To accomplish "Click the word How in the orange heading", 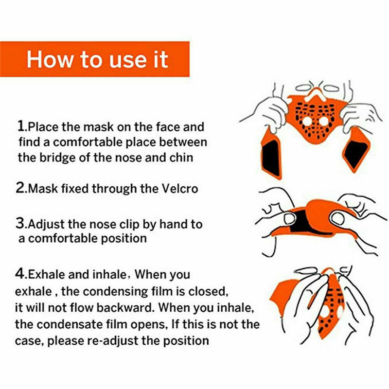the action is pyautogui.click(x=49, y=59).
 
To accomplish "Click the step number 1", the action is pyautogui.click(x=21, y=126).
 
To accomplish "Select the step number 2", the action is pyautogui.click(x=20, y=188).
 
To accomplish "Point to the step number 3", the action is pyautogui.click(x=20, y=223).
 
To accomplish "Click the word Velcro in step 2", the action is pyautogui.click(x=179, y=189).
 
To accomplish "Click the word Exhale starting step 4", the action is pyautogui.click(x=46, y=274).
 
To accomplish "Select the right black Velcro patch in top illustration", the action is pyautogui.click(x=356, y=154).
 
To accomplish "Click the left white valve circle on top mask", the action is pyautogui.click(x=307, y=122).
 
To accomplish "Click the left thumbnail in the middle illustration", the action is pyautogui.click(x=289, y=218).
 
